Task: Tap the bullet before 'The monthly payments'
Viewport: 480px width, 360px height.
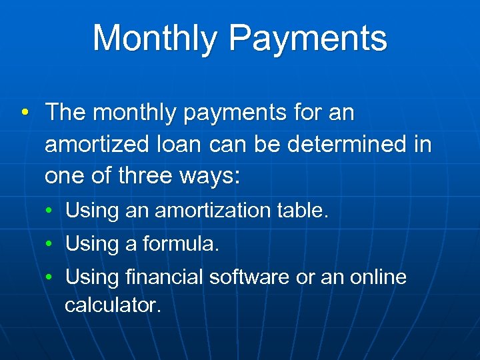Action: pyautogui.click(x=24, y=113)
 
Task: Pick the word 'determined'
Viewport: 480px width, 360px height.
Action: pyautogui.click(x=347, y=145)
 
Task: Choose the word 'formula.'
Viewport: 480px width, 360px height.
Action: pyautogui.click(x=180, y=245)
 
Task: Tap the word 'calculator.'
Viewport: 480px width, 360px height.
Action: pyautogui.click(x=113, y=305)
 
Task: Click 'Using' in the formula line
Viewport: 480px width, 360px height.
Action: pyautogui.click(x=91, y=245)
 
